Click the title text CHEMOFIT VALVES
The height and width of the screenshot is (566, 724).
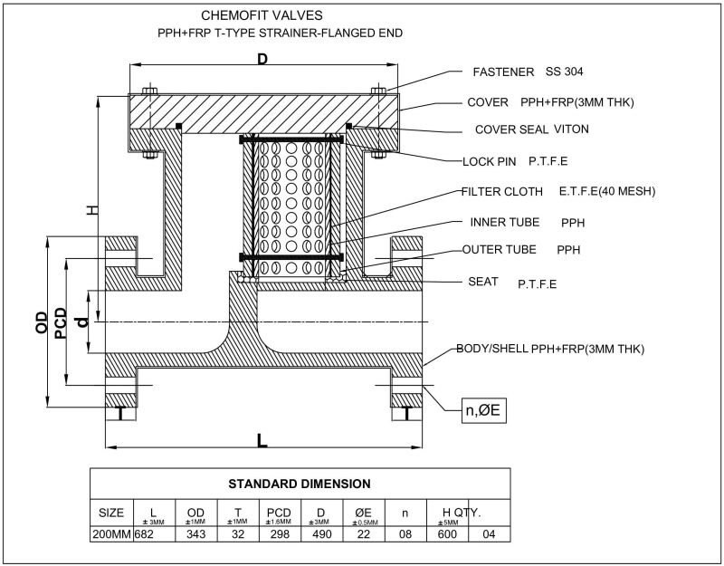(262, 15)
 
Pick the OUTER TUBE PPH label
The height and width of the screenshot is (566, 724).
(519, 249)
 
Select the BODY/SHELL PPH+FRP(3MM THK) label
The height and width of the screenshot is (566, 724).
(549, 349)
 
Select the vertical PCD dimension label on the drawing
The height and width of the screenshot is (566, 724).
(61, 324)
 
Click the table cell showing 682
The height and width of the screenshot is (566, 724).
(146, 535)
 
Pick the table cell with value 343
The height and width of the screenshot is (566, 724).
(195, 535)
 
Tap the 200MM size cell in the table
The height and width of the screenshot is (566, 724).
(111, 535)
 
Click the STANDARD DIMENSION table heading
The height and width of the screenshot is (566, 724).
(299, 483)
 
